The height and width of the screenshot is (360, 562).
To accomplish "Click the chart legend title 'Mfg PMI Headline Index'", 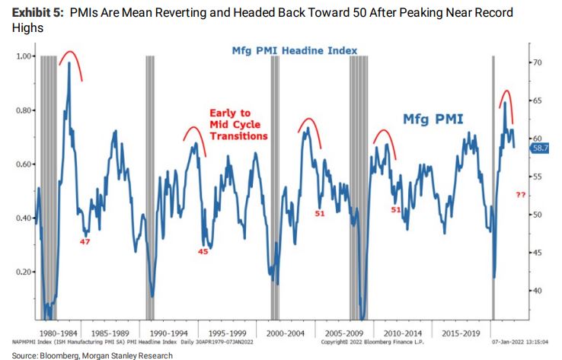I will (295, 50).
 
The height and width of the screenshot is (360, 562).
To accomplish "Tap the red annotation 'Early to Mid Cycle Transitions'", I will (238, 125).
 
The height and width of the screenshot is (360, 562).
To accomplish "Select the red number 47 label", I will (85, 241).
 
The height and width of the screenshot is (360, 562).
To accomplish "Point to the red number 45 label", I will (203, 252).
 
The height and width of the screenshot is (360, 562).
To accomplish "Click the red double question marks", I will (521, 196).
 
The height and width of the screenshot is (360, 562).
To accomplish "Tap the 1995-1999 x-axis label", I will (231, 333).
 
